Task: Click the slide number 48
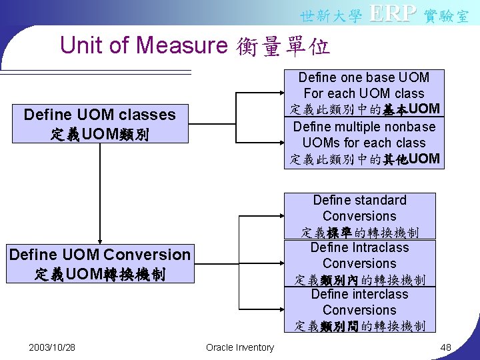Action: click(x=446, y=347)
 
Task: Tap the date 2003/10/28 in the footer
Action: click(x=52, y=347)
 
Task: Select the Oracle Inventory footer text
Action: click(x=239, y=347)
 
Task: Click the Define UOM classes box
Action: click(x=99, y=124)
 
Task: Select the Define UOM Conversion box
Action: click(x=99, y=264)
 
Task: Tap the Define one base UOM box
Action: click(x=364, y=93)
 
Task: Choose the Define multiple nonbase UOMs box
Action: click(x=364, y=143)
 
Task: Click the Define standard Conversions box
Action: click(x=359, y=216)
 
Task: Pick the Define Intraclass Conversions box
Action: click(x=359, y=263)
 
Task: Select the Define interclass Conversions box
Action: click(x=359, y=310)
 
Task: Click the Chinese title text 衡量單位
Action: click(x=283, y=47)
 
